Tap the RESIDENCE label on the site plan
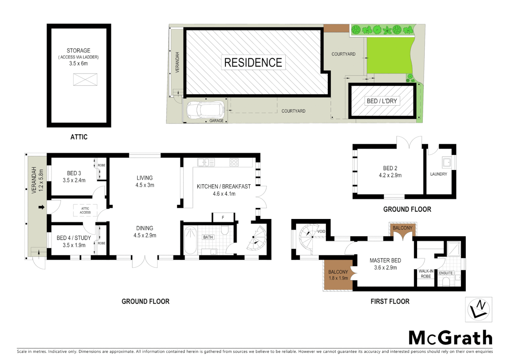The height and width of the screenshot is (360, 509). pyautogui.click(x=253, y=63)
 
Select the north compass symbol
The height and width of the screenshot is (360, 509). pyautogui.click(x=478, y=309)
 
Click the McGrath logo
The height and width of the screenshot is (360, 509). pyautogui.click(x=450, y=338)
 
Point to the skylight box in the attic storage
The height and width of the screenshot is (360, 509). pyautogui.click(x=85, y=80)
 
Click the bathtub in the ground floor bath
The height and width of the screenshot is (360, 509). pyautogui.click(x=190, y=240)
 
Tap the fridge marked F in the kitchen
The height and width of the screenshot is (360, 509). pyautogui.click(x=223, y=218)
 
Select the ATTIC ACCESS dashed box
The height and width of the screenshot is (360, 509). pyautogui.click(x=85, y=210)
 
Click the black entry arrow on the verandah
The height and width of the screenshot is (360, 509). pyautogui.click(x=42, y=207)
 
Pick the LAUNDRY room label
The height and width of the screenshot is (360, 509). pyautogui.click(x=438, y=174)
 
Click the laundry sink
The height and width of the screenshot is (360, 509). pyautogui.click(x=446, y=162)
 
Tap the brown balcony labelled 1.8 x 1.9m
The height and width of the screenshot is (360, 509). pyautogui.click(x=338, y=275)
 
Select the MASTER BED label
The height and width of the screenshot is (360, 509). pyautogui.click(x=385, y=261)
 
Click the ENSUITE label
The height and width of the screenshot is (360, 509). pyautogui.click(x=446, y=273)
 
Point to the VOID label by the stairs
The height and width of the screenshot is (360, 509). pyautogui.click(x=321, y=231)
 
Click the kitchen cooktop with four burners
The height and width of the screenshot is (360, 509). pyautogui.click(x=234, y=162)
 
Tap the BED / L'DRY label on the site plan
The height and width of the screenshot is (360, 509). pyautogui.click(x=382, y=101)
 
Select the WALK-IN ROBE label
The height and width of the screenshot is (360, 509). pyautogui.click(x=426, y=274)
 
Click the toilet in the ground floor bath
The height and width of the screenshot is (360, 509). pyautogui.click(x=225, y=230)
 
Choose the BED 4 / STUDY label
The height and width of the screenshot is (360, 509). pyautogui.click(x=74, y=238)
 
